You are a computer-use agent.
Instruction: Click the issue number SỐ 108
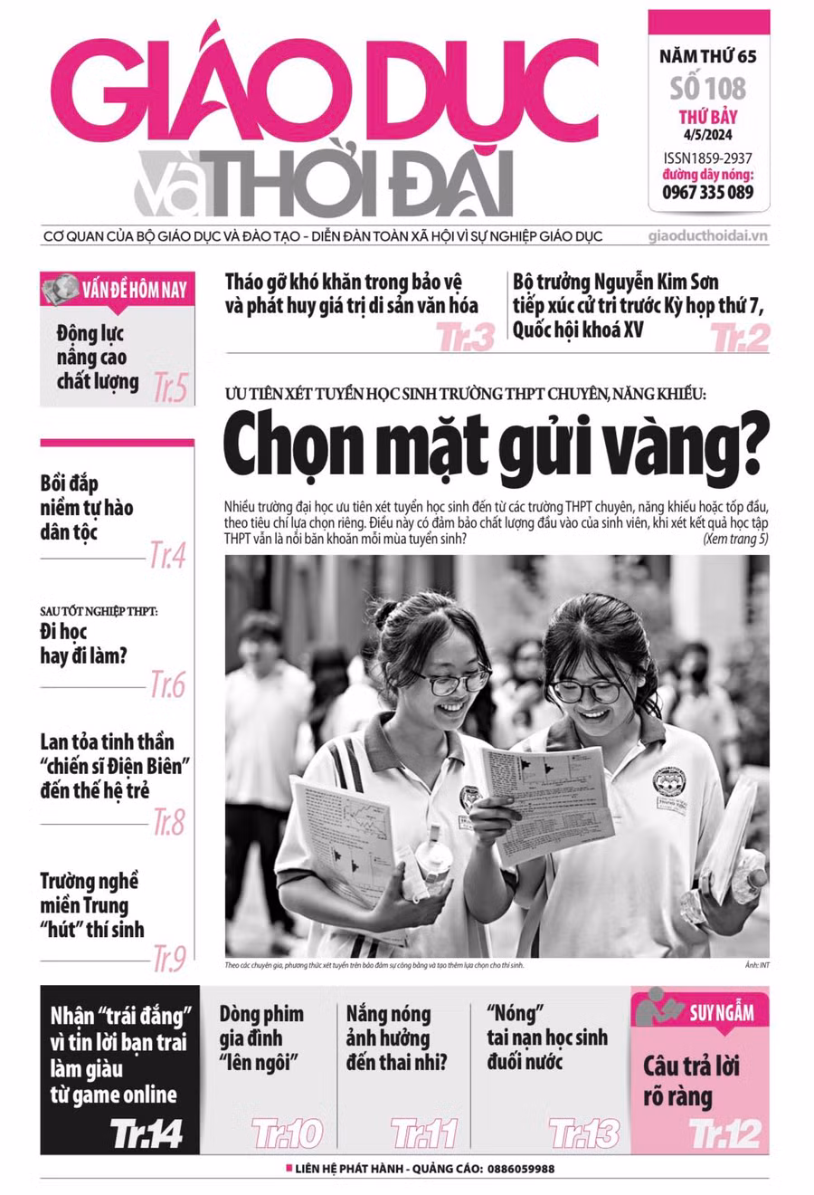pos(708,88)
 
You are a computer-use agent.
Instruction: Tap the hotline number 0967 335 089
pos(708,192)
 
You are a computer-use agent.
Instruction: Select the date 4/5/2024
pos(708,137)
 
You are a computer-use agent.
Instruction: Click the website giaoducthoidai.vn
pos(708,236)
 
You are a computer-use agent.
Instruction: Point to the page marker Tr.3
pos(466,338)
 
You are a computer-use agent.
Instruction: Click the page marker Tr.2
pos(740,338)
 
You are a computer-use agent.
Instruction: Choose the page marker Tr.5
pos(170,387)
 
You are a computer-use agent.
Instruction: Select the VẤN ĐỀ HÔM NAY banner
pos(118,290)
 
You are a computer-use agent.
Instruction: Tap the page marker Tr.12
pos(725,1133)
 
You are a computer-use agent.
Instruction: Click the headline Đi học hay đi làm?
pos(83,644)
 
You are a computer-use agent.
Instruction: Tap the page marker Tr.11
pos(424,1133)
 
